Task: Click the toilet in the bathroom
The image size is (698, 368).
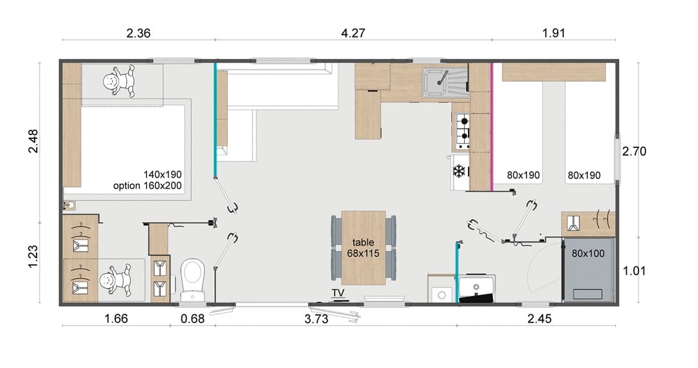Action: pyautogui.click(x=193, y=280)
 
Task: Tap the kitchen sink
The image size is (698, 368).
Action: pyautogui.click(x=445, y=83)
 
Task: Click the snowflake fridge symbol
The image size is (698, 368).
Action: pyautogui.click(x=459, y=171)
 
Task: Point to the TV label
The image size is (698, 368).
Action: pyautogui.click(x=338, y=293)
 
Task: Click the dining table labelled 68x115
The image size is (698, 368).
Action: pyautogui.click(x=363, y=248)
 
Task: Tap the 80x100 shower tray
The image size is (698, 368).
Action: pyautogui.click(x=588, y=270)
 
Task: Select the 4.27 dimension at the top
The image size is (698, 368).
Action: pyautogui.click(x=353, y=33)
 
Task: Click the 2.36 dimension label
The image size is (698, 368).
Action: pyautogui.click(x=138, y=33)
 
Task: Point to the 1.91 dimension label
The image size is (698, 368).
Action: pyautogui.click(x=553, y=33)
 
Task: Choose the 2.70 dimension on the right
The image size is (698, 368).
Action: pyautogui.click(x=634, y=152)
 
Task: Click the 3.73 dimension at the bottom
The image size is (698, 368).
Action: pyautogui.click(x=316, y=319)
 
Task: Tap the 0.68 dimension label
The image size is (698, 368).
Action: pyautogui.click(x=193, y=319)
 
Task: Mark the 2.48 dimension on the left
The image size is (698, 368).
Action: pyautogui.click(x=33, y=141)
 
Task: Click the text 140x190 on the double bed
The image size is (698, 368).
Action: pyautogui.click(x=162, y=174)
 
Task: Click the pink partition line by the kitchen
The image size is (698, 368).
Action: pyautogui.click(x=492, y=127)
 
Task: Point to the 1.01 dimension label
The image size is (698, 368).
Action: pyautogui.click(x=634, y=271)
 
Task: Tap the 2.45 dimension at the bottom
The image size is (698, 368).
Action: pyautogui.click(x=539, y=319)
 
